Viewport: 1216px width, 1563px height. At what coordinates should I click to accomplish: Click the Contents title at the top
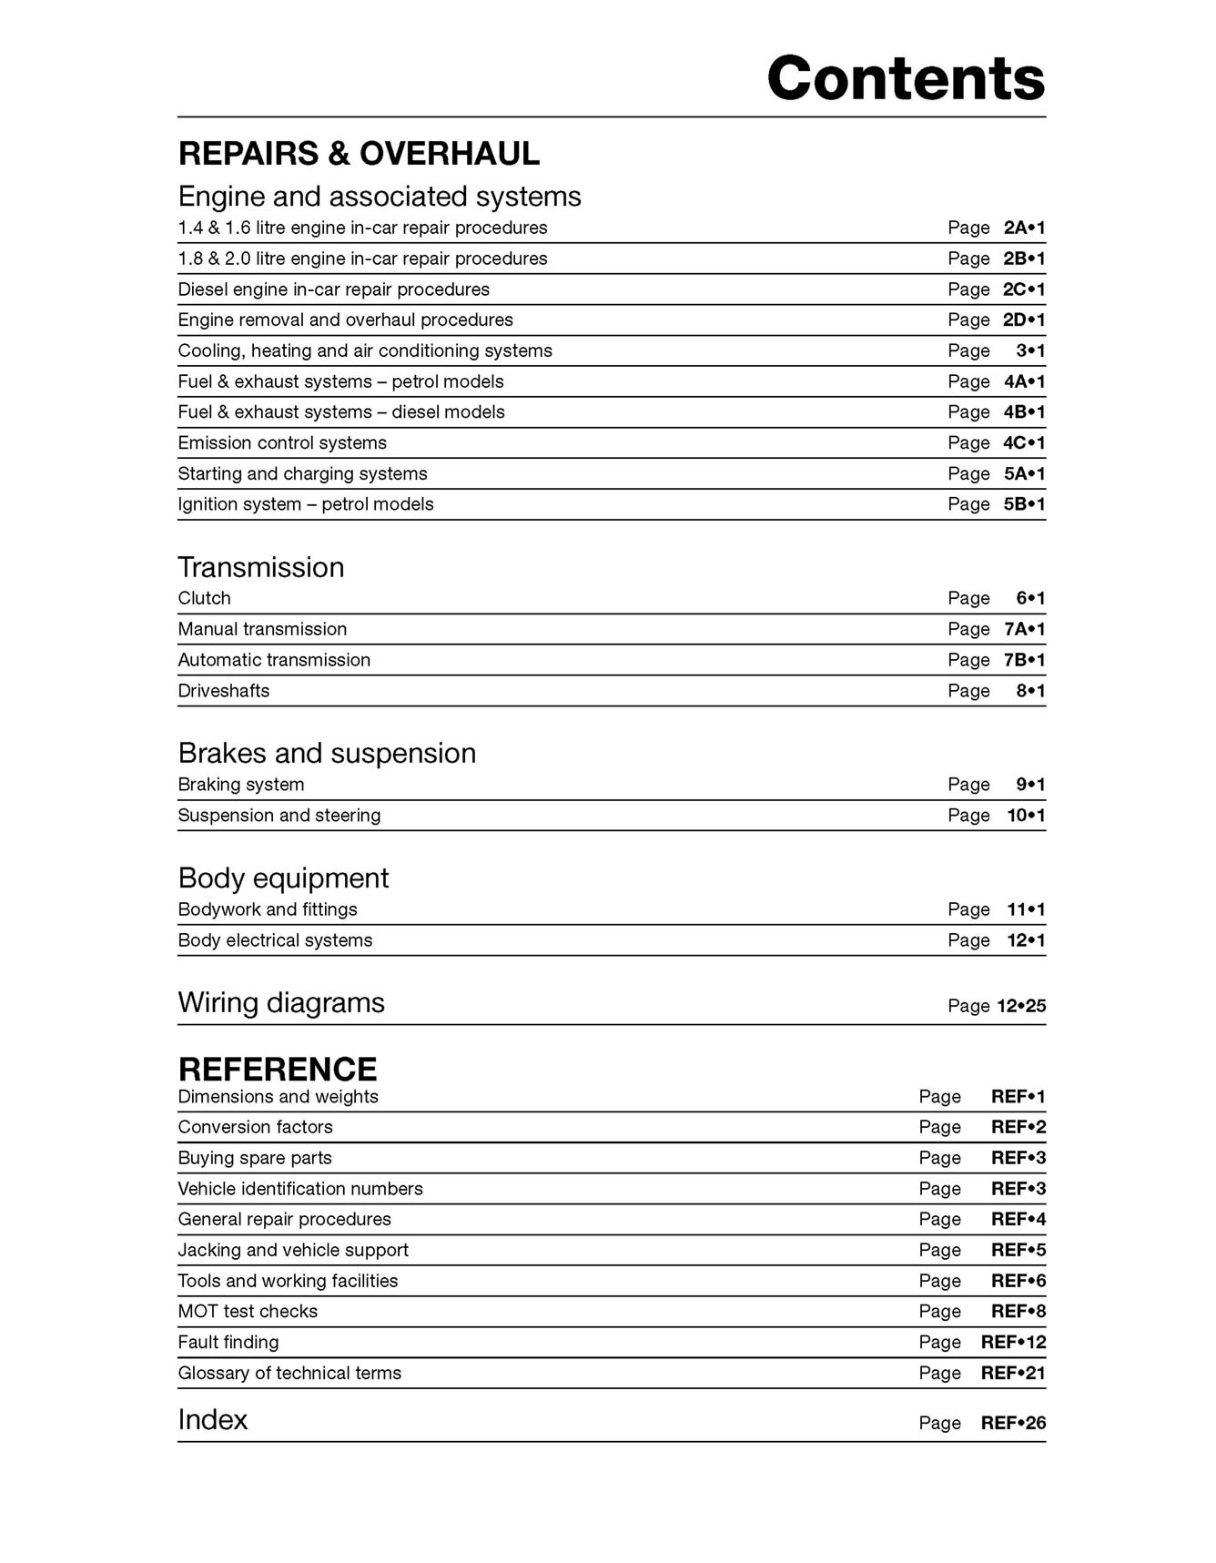click(906, 78)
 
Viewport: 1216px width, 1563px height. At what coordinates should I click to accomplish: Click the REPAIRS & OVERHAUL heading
click(359, 154)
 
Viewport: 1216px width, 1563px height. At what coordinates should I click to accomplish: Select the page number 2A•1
click(1024, 228)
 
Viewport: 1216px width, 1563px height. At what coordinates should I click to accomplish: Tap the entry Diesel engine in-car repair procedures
click(333, 289)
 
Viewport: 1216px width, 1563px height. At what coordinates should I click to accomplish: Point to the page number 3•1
click(1030, 350)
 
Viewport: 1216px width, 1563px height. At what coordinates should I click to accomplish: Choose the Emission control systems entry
click(282, 443)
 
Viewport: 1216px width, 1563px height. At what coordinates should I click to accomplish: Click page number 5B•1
click(1024, 504)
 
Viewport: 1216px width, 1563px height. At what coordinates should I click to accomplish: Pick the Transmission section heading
click(261, 567)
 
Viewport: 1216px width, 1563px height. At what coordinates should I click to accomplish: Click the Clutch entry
click(205, 598)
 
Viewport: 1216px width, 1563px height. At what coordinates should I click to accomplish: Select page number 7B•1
click(1024, 660)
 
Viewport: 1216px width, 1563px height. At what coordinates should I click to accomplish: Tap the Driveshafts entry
click(224, 691)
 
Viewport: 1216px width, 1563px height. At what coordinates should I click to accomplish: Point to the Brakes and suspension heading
click(327, 753)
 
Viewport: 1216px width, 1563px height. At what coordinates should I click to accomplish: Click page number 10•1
click(1026, 816)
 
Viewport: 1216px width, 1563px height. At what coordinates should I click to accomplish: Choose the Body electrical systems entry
click(275, 940)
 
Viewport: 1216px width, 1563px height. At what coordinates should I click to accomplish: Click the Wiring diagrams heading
click(281, 1002)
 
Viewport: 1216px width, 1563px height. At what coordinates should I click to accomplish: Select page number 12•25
click(1021, 1006)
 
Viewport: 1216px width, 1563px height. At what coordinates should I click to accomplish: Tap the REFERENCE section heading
click(278, 1069)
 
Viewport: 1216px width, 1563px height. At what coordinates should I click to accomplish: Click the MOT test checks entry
click(248, 1312)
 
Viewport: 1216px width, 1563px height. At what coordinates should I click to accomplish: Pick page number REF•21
click(1013, 1373)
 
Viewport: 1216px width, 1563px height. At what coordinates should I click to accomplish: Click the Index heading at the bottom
click(213, 1419)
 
